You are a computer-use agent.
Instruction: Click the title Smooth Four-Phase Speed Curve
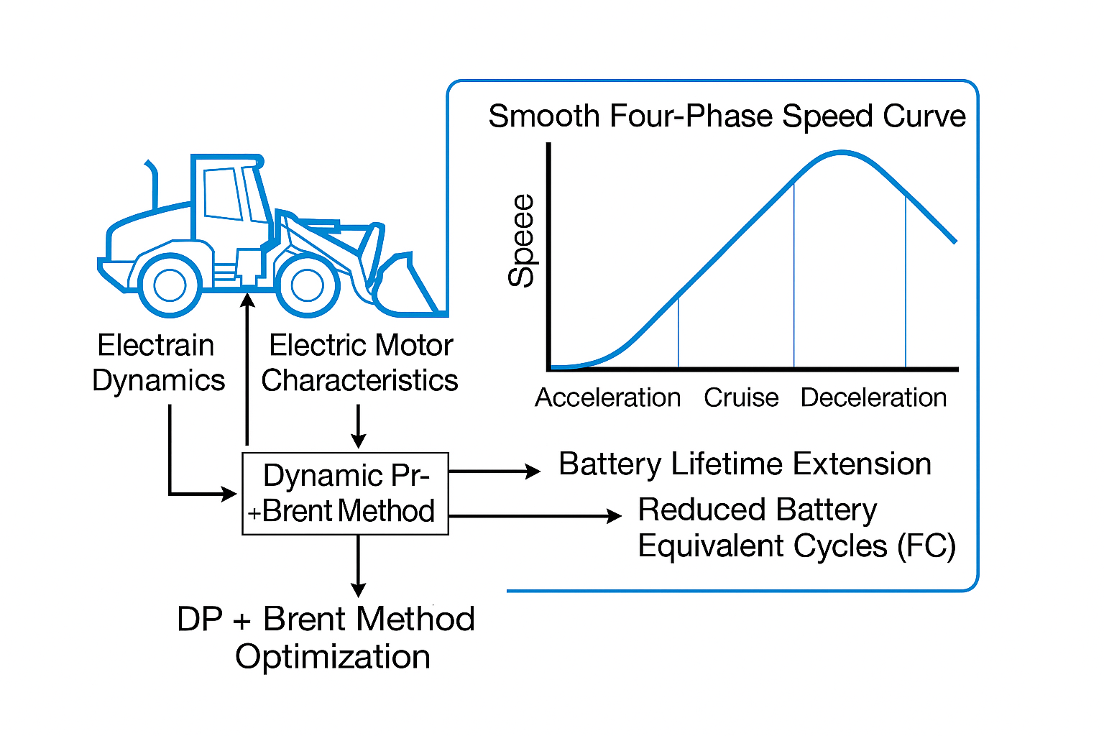click(x=727, y=116)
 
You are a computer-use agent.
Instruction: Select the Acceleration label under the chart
click(x=607, y=397)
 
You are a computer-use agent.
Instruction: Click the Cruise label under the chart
click(x=741, y=397)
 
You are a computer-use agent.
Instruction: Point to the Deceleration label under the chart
click(x=873, y=397)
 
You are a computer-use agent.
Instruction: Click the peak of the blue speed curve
click(x=841, y=152)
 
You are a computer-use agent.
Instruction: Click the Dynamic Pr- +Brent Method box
click(x=346, y=494)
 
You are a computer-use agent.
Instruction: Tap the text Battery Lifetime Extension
click(x=745, y=464)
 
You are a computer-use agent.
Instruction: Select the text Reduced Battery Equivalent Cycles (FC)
click(x=796, y=528)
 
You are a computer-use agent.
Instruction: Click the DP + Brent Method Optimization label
click(x=326, y=638)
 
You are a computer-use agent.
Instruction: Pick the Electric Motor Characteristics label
click(x=360, y=363)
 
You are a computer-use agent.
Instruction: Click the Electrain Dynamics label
click(x=158, y=363)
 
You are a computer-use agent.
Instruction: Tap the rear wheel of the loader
click(x=170, y=285)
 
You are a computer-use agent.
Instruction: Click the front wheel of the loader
click(x=307, y=285)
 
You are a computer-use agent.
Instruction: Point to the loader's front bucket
click(x=402, y=287)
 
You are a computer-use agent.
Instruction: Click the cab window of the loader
click(x=222, y=193)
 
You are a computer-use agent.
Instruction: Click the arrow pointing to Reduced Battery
click(x=535, y=516)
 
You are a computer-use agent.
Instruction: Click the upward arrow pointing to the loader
click(x=247, y=367)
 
